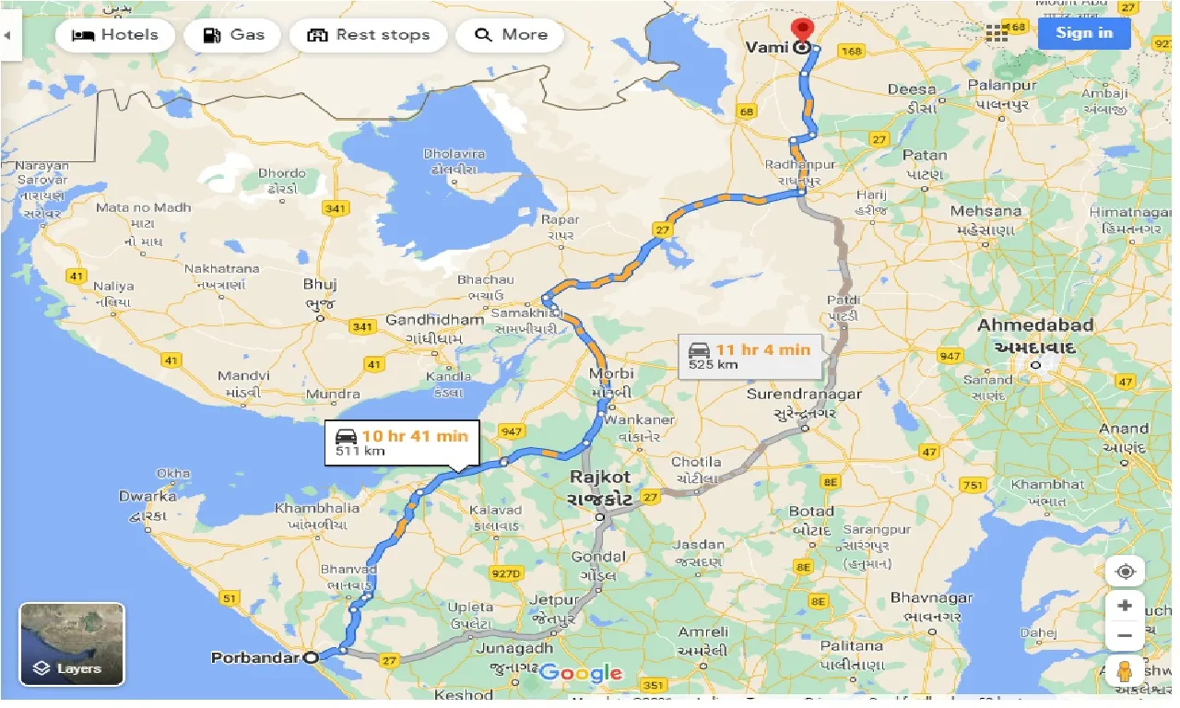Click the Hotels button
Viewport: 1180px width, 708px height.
pos(114,35)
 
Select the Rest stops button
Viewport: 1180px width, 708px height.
pos(368,35)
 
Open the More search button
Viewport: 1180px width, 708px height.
pos(511,35)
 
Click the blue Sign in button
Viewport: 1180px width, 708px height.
pos(1083,33)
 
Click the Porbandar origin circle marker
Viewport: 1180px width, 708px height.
pos(311,657)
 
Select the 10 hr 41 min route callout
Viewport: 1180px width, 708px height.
pos(402,442)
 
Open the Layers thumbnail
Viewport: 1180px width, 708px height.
pos(72,643)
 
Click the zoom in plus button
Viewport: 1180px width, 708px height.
pos(1125,607)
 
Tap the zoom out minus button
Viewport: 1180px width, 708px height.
pos(1125,636)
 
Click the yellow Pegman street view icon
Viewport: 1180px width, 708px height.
pos(1125,671)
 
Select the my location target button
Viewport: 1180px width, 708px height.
pos(1125,572)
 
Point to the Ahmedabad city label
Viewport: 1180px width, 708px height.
pos(1035,325)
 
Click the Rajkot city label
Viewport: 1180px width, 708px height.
pos(600,478)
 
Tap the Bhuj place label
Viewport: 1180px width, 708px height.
pos(320,285)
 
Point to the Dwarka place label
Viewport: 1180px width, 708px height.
pos(147,497)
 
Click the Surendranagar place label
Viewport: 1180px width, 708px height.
pos(805,395)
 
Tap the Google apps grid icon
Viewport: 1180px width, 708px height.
pos(997,33)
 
